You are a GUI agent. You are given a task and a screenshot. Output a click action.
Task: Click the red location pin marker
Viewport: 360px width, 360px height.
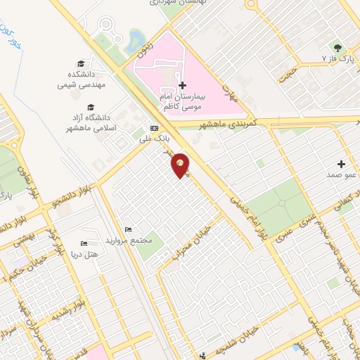(181, 165)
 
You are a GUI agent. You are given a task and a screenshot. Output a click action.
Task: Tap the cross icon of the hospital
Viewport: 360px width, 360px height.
(183, 84)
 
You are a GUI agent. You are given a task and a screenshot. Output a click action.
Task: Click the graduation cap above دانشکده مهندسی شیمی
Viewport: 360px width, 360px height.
(82, 64)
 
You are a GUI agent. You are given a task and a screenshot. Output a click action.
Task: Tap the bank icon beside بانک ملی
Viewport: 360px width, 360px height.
(154, 128)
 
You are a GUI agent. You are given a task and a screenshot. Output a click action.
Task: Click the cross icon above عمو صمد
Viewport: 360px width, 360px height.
(341, 164)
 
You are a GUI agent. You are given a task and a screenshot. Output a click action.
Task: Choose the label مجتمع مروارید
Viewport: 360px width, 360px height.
(129, 240)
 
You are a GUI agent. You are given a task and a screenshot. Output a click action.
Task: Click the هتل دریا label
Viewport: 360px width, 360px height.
(84, 254)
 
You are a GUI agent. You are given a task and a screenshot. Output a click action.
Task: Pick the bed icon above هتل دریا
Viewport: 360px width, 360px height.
(84, 244)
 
